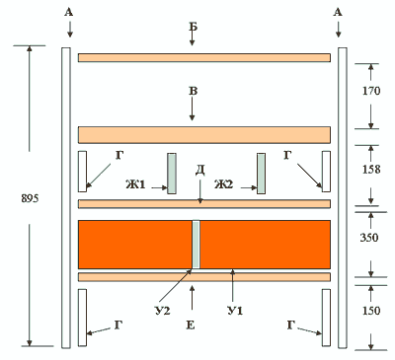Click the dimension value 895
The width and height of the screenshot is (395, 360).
(x=30, y=198)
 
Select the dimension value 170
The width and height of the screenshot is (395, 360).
(x=371, y=91)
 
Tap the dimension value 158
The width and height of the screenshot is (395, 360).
(x=371, y=170)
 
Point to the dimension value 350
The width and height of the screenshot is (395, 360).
(x=369, y=237)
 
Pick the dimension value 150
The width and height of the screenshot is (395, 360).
(x=371, y=311)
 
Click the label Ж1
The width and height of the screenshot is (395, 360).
(x=135, y=184)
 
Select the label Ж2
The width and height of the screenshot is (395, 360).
(x=224, y=184)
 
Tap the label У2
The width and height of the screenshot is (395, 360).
(x=163, y=311)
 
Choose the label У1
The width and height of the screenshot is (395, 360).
(x=235, y=311)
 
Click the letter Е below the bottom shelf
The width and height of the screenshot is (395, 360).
(x=191, y=325)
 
